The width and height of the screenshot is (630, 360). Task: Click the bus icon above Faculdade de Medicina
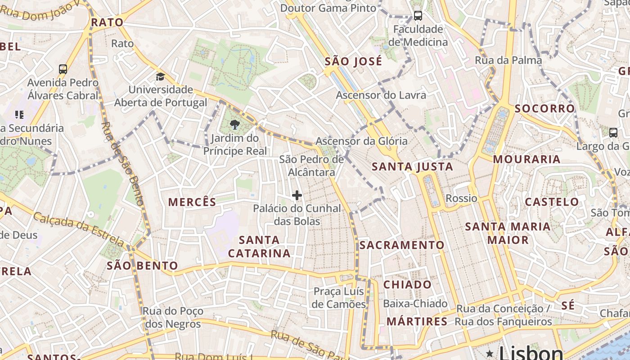[418, 16]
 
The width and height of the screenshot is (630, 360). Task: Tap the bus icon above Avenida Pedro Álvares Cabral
[63, 69]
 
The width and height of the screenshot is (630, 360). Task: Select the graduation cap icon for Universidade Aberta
[160, 76]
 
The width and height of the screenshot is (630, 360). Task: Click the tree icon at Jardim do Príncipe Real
[234, 125]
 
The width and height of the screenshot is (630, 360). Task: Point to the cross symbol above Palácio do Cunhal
[297, 195]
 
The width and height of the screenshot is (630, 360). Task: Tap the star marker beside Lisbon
[490, 354]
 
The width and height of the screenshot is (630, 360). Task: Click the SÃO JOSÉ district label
[353, 61]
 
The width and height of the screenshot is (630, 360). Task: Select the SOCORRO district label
[544, 108]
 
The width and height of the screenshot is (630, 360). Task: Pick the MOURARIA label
[526, 159]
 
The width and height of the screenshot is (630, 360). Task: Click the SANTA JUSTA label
[412, 167]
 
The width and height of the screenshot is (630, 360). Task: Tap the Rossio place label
[461, 198]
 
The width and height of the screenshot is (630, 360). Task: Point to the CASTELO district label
[552, 202]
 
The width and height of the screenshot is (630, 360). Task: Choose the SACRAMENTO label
[402, 245]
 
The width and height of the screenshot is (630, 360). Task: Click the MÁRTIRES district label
[417, 321]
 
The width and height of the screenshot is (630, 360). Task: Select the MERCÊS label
[192, 202]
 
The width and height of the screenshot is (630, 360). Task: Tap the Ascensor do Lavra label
[381, 95]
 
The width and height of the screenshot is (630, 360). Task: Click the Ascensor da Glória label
[361, 141]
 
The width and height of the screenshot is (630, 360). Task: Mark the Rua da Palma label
[508, 60]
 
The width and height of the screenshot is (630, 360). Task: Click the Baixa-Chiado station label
[415, 304]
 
